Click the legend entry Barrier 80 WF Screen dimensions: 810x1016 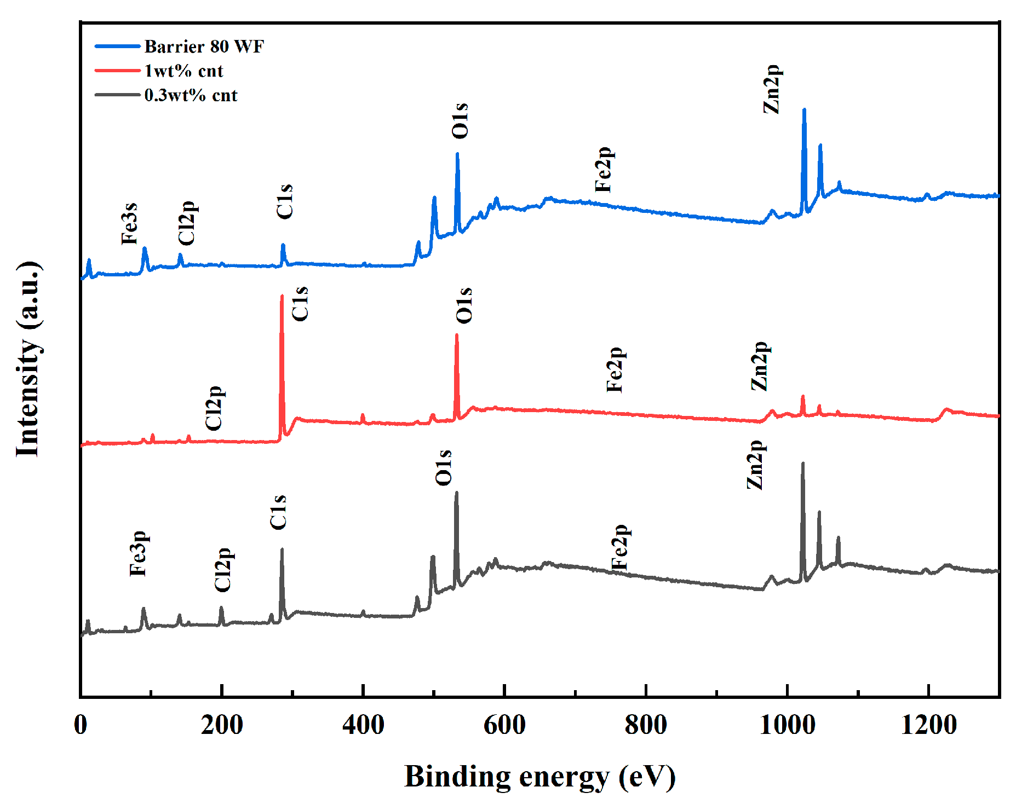tap(204, 47)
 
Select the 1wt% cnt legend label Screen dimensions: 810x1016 tap(183, 71)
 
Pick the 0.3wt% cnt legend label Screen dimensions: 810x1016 tap(191, 96)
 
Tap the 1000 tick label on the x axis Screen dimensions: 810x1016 tap(788, 726)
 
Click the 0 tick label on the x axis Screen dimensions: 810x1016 tap(81, 726)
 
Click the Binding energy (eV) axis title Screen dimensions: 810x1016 tap(539, 776)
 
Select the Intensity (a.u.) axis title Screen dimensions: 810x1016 tap(28, 359)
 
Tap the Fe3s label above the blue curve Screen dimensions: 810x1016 tap(129, 223)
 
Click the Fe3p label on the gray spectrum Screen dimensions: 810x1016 tap(138, 553)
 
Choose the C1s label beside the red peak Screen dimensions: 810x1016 tap(300, 304)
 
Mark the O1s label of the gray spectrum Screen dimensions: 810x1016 tap(444, 467)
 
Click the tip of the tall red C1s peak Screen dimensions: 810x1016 tap(282, 296)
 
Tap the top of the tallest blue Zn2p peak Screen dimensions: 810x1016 tap(804, 109)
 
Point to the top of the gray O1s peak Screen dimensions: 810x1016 tap(456, 493)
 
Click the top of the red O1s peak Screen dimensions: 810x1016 tap(457, 335)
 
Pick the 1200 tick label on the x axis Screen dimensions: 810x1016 tap(929, 726)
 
